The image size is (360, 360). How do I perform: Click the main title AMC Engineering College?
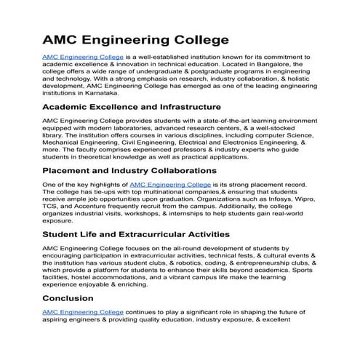pyautogui.click(x=135, y=39)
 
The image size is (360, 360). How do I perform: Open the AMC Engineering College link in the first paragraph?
pyautogui.click(x=83, y=56)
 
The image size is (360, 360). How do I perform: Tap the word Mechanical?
pyautogui.click(x=68, y=143)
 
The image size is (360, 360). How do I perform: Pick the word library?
pyautogui.click(x=53, y=135)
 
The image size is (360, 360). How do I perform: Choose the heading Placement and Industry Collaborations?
pyautogui.click(x=129, y=171)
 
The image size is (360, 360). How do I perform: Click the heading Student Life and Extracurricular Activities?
pyautogui.click(x=136, y=235)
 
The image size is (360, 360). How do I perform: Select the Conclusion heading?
pyautogui.click(x=68, y=298)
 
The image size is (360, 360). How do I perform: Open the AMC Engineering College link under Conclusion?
pyautogui.click(x=83, y=312)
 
